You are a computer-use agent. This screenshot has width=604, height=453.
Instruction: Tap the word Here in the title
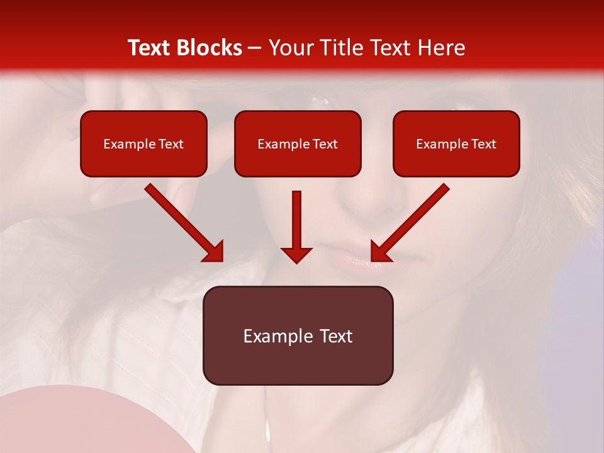pos(441,48)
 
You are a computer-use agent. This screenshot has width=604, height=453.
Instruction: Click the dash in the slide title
pos(255,48)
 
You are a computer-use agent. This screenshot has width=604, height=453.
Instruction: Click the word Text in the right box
pos(483,144)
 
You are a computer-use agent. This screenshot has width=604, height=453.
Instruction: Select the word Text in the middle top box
pos(325,144)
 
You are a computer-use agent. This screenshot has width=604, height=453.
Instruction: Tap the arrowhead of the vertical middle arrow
pos(296,255)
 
